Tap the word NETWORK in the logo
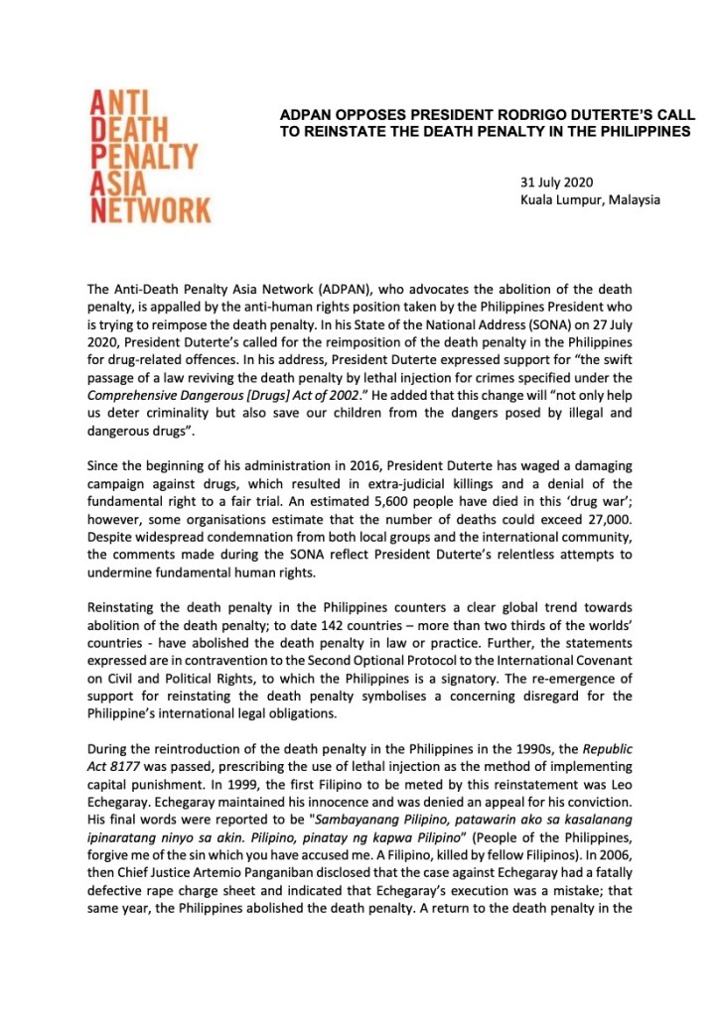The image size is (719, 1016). point(151,209)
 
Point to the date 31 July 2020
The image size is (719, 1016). point(556,183)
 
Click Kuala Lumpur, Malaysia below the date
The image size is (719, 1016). point(590,200)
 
